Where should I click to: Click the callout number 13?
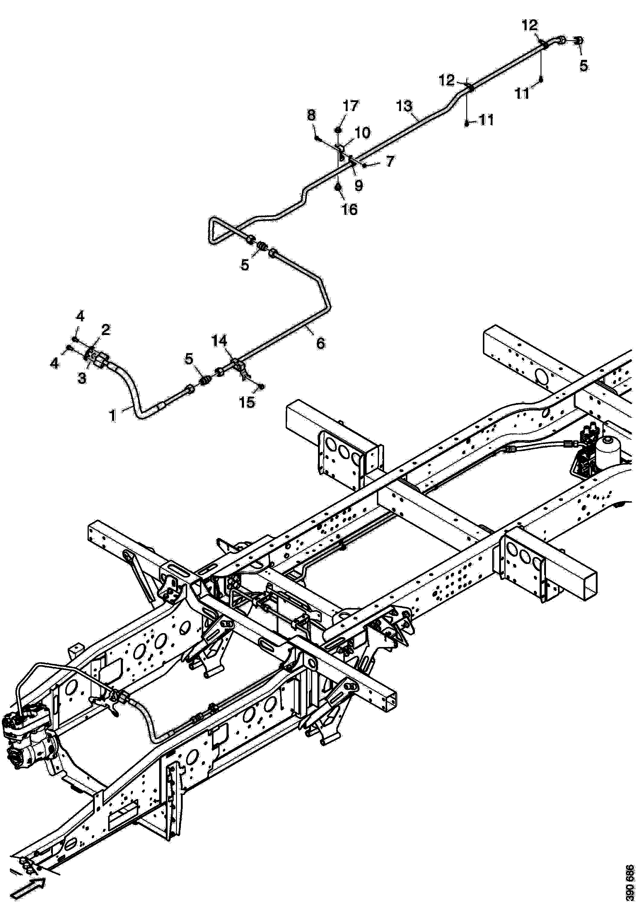pyautogui.click(x=404, y=106)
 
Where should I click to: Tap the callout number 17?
pyautogui.click(x=351, y=106)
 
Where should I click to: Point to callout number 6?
pyautogui.click(x=321, y=343)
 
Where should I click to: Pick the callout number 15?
pyautogui.click(x=247, y=403)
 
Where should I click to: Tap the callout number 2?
pyautogui.click(x=106, y=330)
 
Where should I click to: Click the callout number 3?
pyautogui.click(x=82, y=378)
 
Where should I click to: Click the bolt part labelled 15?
pyautogui.click(x=262, y=386)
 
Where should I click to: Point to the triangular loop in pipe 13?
pyautogui.click(x=215, y=229)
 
